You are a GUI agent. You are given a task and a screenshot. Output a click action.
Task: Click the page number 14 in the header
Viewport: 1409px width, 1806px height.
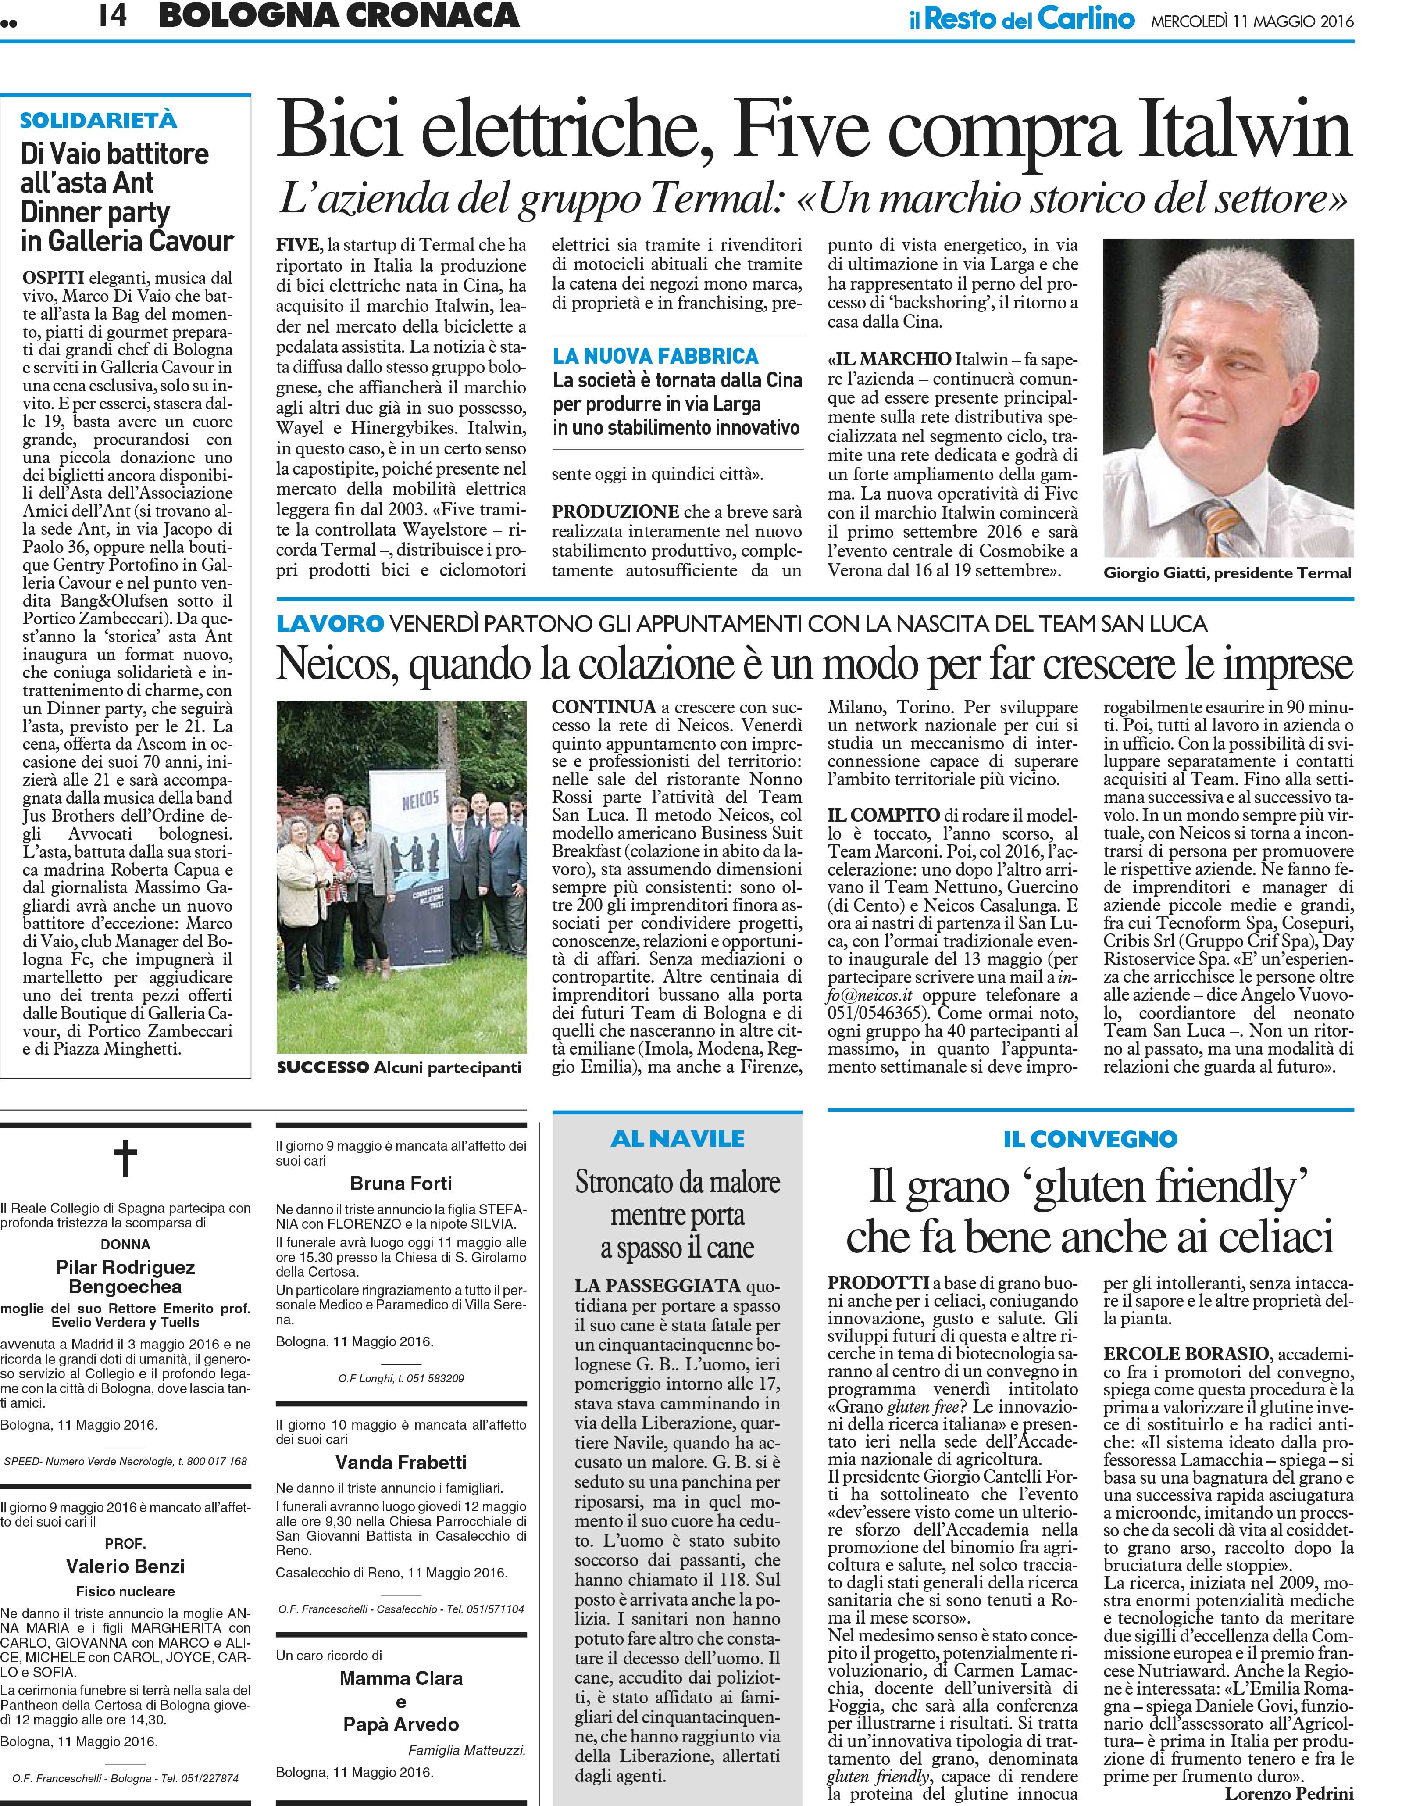[112, 16]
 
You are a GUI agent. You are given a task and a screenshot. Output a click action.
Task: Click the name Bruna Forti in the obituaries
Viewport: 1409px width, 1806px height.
[401, 1183]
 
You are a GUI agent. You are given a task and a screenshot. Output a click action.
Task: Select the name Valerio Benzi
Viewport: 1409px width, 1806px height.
[126, 1566]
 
